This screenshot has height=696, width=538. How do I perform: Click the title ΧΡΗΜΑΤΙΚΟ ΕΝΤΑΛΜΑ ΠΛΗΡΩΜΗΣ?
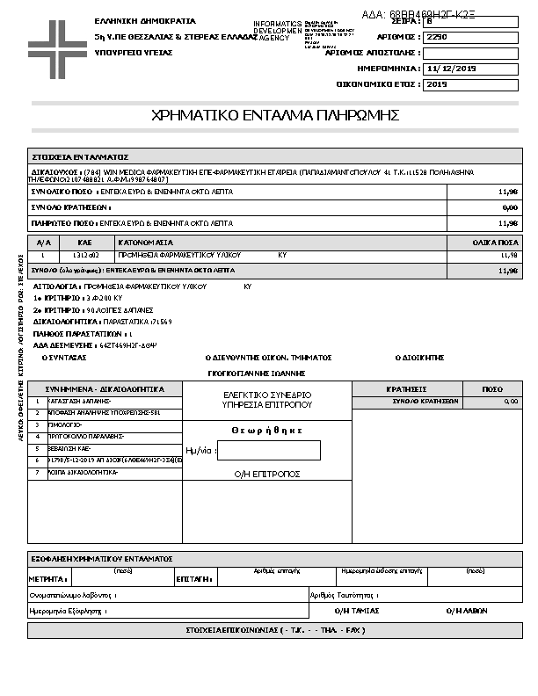pos(276,115)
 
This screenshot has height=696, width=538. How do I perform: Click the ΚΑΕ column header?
pos(84,242)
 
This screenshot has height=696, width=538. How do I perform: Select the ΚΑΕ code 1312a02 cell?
pos(84,255)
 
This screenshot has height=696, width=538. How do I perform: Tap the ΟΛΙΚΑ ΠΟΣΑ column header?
pos(496,242)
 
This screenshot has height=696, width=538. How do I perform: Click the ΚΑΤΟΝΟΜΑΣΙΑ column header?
pos(146,242)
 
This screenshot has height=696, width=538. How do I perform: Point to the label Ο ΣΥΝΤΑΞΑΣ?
pos(64,358)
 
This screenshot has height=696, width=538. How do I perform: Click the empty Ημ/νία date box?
pos(268,451)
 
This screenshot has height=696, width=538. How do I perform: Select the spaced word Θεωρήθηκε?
pos(267,430)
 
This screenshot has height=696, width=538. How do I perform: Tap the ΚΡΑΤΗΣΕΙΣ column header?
pos(406,388)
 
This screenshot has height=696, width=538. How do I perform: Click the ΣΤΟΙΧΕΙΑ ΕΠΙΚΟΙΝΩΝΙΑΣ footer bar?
pos(275,630)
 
